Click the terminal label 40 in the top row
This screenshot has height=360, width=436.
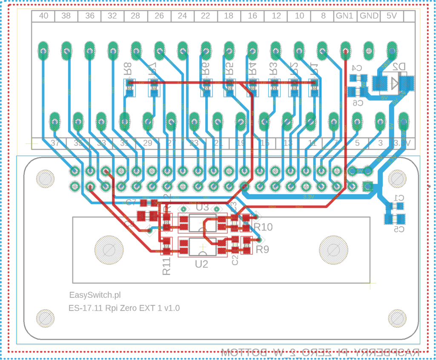pyautogui.click(x=43, y=16)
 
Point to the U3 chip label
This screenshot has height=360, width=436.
pyautogui.click(x=203, y=207)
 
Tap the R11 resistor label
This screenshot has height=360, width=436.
pyautogui.click(x=166, y=265)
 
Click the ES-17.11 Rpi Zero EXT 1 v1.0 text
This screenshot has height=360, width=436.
pyautogui.click(x=124, y=308)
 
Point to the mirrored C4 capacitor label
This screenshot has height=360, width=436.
pyautogui.click(x=357, y=68)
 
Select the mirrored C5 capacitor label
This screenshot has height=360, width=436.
pyautogui.click(x=398, y=230)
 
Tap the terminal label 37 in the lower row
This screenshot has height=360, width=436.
pyautogui.click(x=54, y=144)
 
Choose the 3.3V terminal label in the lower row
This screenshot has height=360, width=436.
pyautogui.click(x=402, y=144)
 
